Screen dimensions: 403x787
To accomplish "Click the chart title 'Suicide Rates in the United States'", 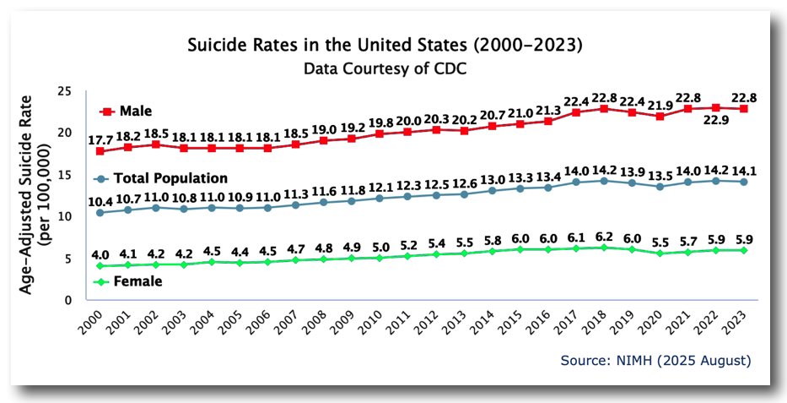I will click(x=384, y=42).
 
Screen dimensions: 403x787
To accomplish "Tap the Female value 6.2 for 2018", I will click(x=604, y=236).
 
